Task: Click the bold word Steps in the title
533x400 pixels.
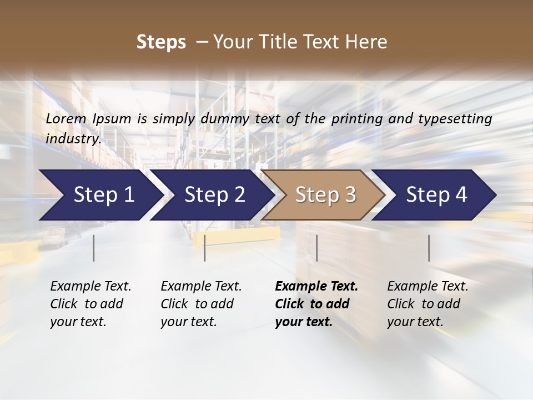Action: [x=161, y=42]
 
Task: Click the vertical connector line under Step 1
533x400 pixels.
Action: [x=94, y=248]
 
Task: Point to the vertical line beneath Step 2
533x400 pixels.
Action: [x=205, y=248]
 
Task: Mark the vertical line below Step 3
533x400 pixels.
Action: [x=317, y=248]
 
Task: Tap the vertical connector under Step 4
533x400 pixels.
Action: [x=429, y=248]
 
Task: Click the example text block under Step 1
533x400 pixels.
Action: [x=90, y=304]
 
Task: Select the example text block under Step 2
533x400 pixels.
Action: [x=201, y=304]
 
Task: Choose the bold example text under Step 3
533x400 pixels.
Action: [x=316, y=304]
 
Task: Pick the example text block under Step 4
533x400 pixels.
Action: [x=428, y=304]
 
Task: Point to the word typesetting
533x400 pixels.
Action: [x=455, y=119]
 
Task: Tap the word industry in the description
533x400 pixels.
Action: [x=73, y=138]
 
